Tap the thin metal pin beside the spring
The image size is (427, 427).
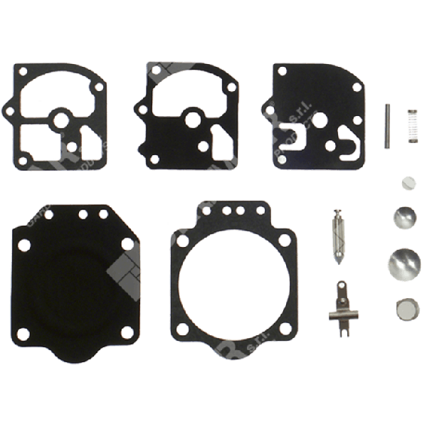(386, 126)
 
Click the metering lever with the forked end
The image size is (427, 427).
(339, 304)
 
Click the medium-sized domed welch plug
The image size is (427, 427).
(403, 218)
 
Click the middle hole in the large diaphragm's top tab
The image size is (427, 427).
(83, 213)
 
